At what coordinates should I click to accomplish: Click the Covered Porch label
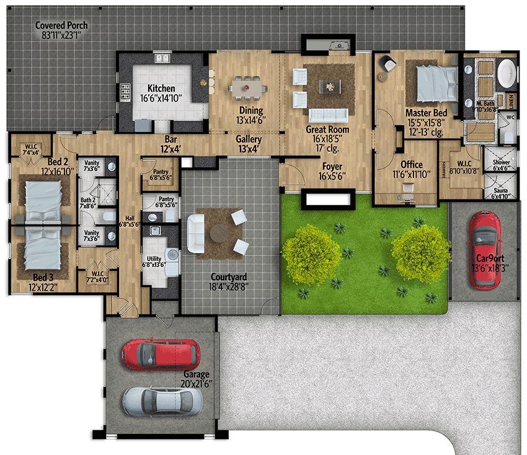(61, 25)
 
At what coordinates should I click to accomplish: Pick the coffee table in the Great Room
(328, 86)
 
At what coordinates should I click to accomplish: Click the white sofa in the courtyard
(196, 233)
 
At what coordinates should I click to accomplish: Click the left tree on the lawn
(310, 254)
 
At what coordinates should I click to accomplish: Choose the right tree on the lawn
(419, 246)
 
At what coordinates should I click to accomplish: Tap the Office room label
(411, 164)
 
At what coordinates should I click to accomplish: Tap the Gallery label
(249, 139)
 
